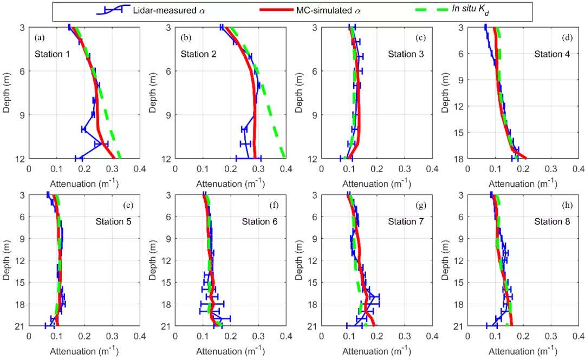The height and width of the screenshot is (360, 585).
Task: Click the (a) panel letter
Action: pyautogui.click(x=39, y=38)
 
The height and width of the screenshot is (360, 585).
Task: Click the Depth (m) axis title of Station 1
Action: pyautogui.click(x=7, y=93)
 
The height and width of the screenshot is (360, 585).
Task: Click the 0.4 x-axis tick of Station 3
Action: pyautogui.click(x=432, y=169)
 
